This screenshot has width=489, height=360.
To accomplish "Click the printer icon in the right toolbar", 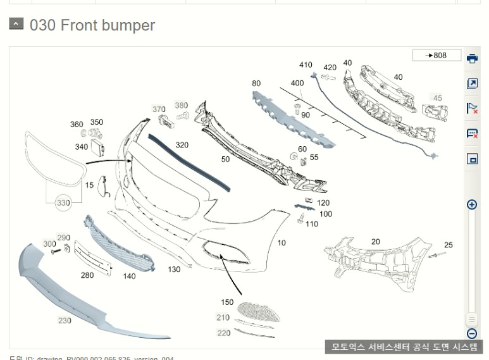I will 472,59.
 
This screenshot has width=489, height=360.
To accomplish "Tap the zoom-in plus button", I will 471,204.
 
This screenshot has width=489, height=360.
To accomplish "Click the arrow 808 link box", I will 436,56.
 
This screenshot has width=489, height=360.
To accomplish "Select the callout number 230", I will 65,321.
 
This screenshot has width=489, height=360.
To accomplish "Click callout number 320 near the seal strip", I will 182,145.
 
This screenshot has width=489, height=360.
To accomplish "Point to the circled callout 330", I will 63,203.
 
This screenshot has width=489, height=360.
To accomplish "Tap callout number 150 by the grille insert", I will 227,302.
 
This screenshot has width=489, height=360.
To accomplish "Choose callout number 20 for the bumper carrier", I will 376,242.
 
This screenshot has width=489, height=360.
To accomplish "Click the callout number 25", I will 449,245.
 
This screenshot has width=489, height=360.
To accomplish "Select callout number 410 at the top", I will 306,65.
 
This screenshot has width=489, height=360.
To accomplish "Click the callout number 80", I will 256,83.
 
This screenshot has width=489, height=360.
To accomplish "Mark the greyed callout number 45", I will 437,98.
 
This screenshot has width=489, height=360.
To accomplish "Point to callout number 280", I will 87,275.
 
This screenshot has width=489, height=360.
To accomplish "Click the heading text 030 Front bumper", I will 92,25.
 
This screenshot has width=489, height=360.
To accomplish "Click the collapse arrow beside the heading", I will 16,25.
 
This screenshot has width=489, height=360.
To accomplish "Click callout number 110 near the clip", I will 312,224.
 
